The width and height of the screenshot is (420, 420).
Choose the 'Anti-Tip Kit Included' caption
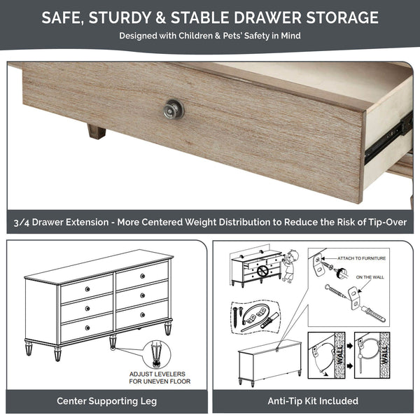coord(313,401)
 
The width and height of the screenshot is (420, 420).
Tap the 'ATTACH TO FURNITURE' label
coord(363,258)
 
